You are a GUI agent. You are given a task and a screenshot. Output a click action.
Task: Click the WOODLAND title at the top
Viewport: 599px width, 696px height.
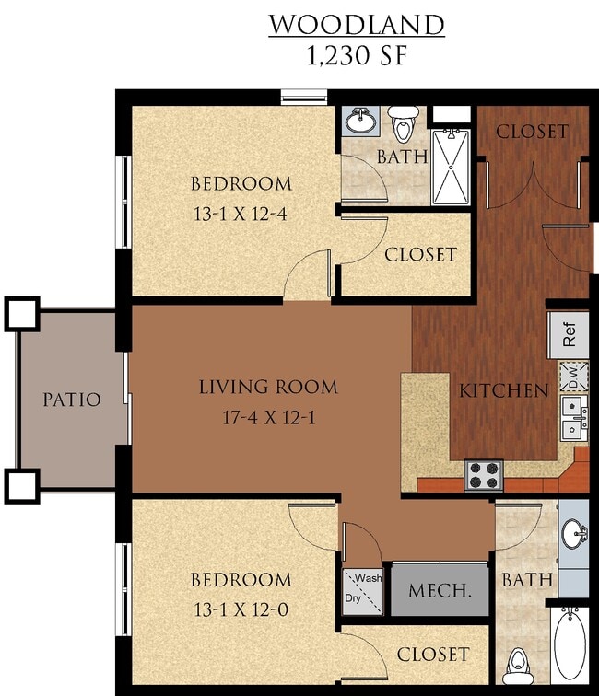(356, 24)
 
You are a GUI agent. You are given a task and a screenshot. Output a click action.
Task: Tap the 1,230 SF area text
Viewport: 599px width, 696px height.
(356, 55)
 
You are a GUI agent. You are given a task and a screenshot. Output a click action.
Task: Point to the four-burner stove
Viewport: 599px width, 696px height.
(484, 475)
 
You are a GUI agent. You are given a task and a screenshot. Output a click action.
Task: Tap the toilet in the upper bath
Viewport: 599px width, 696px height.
(404, 122)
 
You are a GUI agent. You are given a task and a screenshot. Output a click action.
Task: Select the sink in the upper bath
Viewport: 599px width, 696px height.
(360, 120)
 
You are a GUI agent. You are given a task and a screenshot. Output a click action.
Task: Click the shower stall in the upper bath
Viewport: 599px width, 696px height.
(452, 166)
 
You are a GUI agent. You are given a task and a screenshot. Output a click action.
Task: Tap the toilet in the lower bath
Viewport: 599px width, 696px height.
(518, 661)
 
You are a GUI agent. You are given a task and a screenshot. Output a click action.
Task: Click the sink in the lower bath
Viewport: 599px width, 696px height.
(574, 533)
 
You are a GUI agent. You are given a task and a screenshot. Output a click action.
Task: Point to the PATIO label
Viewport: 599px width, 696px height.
(71, 400)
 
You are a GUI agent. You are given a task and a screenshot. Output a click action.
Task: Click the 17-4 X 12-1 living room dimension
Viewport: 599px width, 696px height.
(268, 417)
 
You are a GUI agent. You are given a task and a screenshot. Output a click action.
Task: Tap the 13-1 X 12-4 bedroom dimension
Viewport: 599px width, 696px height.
(241, 214)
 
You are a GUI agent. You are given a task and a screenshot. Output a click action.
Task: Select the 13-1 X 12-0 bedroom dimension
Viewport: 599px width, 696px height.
(241, 609)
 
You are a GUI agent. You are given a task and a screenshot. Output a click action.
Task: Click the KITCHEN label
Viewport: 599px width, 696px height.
(504, 390)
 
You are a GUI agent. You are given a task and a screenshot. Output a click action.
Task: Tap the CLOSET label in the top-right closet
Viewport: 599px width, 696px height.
(532, 131)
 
